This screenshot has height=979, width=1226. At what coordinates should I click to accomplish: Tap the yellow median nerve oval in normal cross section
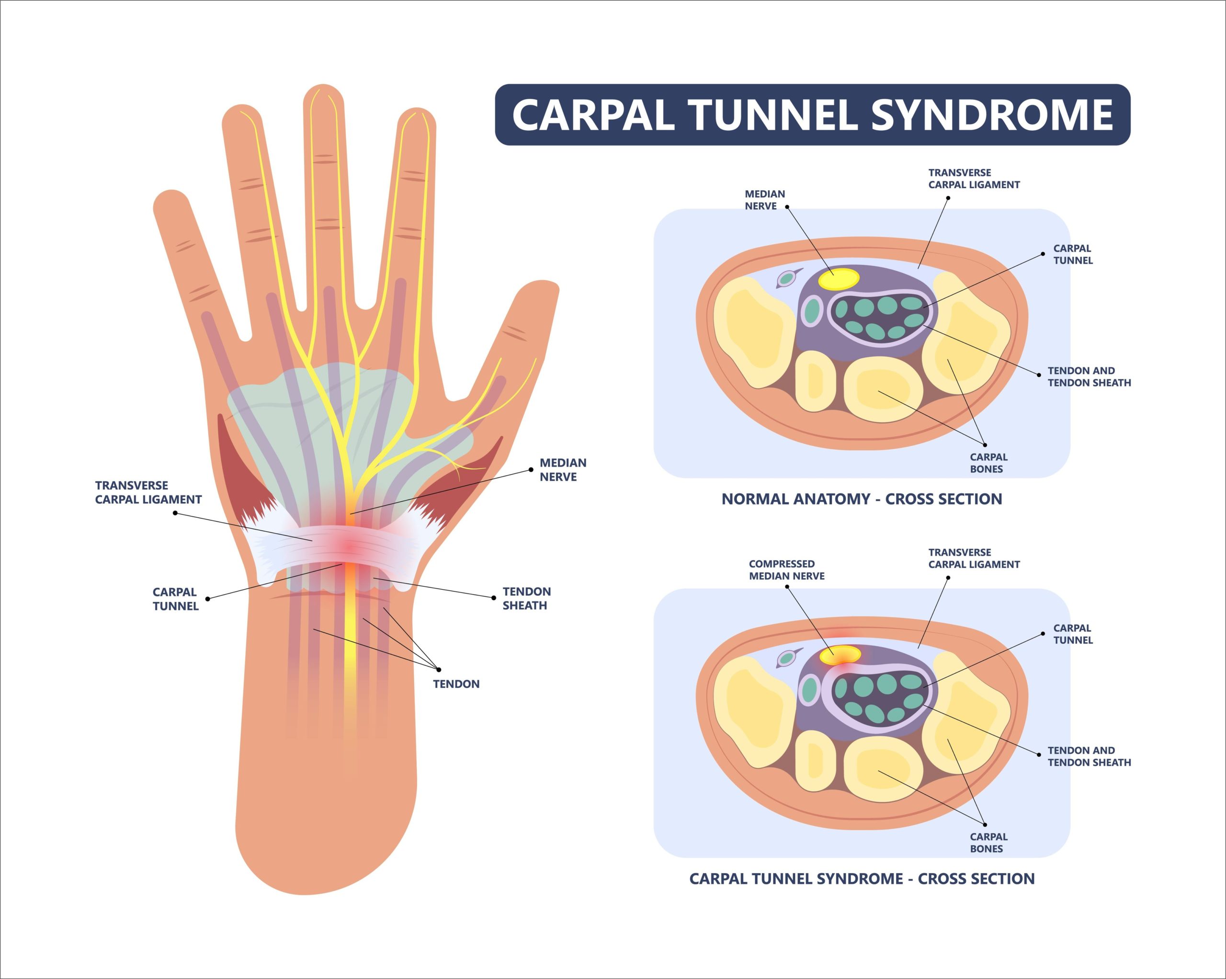839,279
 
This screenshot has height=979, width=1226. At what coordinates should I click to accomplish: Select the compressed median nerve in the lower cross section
840,654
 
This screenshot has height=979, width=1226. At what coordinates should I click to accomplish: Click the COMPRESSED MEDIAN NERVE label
786,569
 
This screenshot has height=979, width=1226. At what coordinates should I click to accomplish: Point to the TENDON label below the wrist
456,684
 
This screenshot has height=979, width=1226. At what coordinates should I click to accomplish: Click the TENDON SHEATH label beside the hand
526,598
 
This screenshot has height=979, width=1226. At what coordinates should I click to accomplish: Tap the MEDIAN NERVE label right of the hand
562,470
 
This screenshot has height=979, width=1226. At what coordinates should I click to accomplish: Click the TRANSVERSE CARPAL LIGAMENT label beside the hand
148,492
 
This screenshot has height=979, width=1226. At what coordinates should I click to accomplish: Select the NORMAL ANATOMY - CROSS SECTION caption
862,499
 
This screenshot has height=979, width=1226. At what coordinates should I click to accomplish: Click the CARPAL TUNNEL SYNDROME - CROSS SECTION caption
862,878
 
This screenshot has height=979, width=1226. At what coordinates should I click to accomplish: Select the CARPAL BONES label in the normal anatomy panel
988,463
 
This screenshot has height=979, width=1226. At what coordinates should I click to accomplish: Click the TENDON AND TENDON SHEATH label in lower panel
1089,756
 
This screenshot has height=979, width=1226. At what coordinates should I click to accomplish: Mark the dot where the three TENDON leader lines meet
438,670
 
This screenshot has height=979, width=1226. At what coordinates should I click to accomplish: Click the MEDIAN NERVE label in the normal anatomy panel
764,200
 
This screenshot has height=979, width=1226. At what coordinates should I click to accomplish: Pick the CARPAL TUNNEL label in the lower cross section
1072,634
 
